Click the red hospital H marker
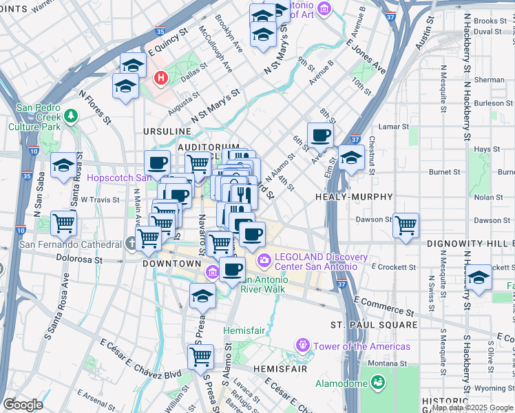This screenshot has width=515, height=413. click(x=161, y=78)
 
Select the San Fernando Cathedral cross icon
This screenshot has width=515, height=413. click(x=132, y=244)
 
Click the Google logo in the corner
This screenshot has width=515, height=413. click(x=23, y=405)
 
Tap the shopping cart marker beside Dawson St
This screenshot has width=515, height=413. click(x=406, y=224)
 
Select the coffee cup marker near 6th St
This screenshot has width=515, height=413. click(x=320, y=135)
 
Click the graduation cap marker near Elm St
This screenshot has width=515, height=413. click(x=351, y=157)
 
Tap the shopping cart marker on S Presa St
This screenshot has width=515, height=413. click(x=200, y=357)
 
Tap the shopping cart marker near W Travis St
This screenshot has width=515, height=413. click(x=64, y=223)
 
